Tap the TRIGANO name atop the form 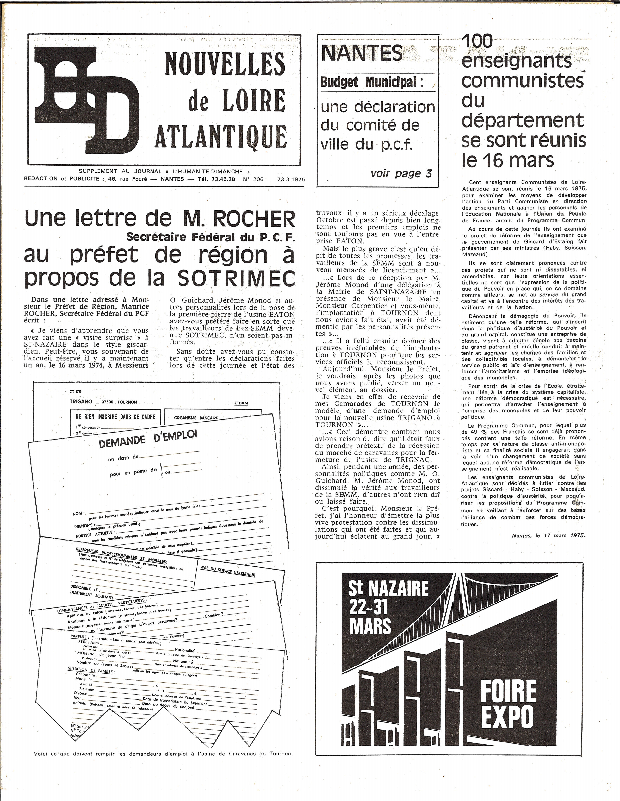point(81,402)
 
